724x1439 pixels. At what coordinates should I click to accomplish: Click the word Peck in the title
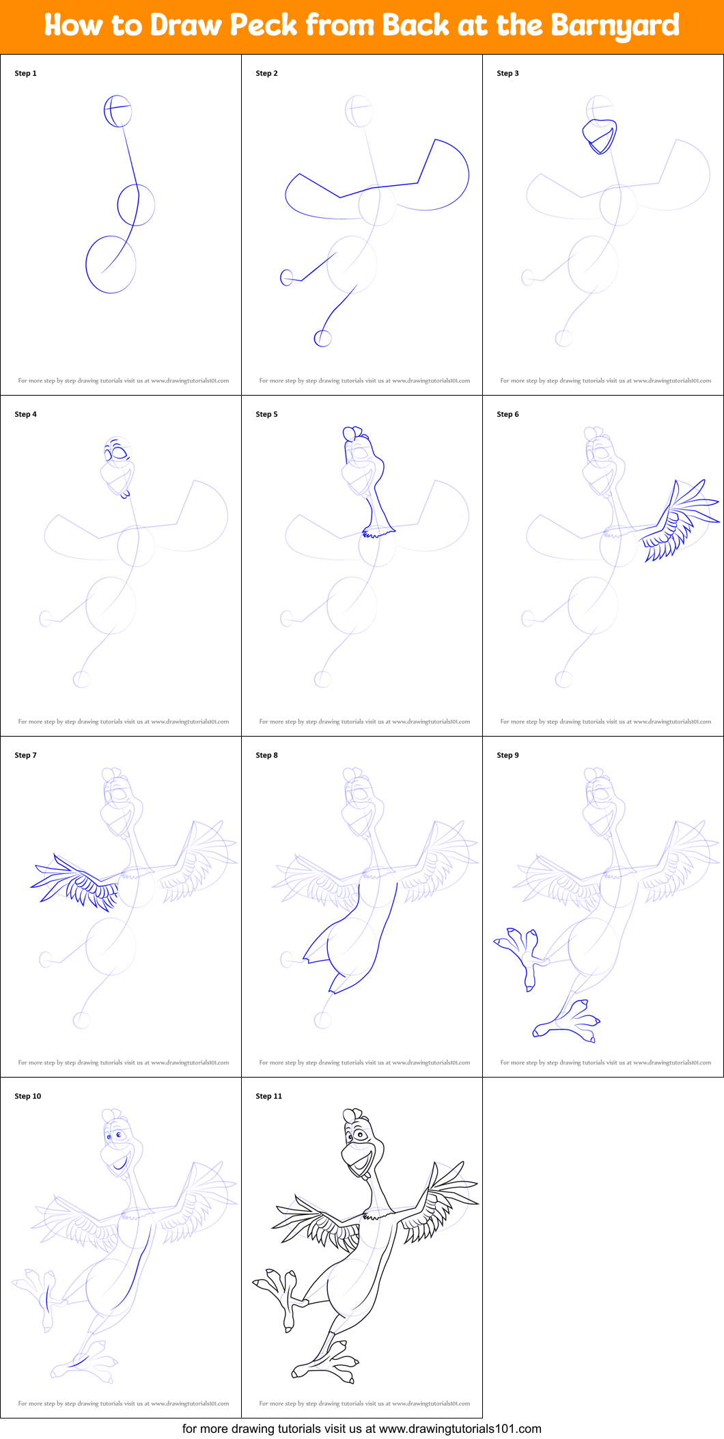[x=263, y=25]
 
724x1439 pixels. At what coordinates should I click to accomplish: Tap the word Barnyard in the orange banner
[x=615, y=25]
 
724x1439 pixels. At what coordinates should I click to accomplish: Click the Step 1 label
[x=25, y=73]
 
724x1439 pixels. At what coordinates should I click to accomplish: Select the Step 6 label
[x=507, y=414]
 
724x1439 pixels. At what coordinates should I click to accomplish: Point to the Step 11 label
[x=268, y=1096]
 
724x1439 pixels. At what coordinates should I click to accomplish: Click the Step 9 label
[x=507, y=755]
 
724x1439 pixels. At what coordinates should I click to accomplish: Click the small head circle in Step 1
[x=117, y=111]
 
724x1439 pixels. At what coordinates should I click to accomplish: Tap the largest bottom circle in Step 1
[x=111, y=265]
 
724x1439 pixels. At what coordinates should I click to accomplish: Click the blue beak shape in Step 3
[x=601, y=137]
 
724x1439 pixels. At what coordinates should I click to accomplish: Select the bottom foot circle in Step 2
[x=322, y=338]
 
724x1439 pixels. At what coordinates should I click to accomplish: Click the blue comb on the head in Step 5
[x=352, y=433]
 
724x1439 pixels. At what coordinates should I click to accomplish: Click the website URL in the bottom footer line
[x=460, y=1429]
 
